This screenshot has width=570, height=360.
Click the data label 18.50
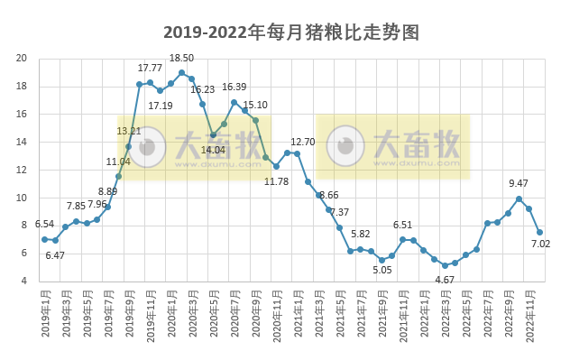(x=181, y=58)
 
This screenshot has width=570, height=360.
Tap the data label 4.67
(x=445, y=280)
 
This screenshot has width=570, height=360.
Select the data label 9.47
(x=519, y=183)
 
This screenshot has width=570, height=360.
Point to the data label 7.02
(x=541, y=245)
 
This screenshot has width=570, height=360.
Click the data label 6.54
(x=44, y=224)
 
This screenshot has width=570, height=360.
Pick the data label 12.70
(x=302, y=143)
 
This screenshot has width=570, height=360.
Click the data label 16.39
(x=234, y=87)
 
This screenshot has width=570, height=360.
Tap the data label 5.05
(x=382, y=269)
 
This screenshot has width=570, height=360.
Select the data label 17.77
(x=150, y=68)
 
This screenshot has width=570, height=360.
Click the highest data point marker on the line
(x=181, y=73)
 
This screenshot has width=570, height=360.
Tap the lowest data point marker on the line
(x=445, y=265)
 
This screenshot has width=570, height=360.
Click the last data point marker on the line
(x=539, y=232)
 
